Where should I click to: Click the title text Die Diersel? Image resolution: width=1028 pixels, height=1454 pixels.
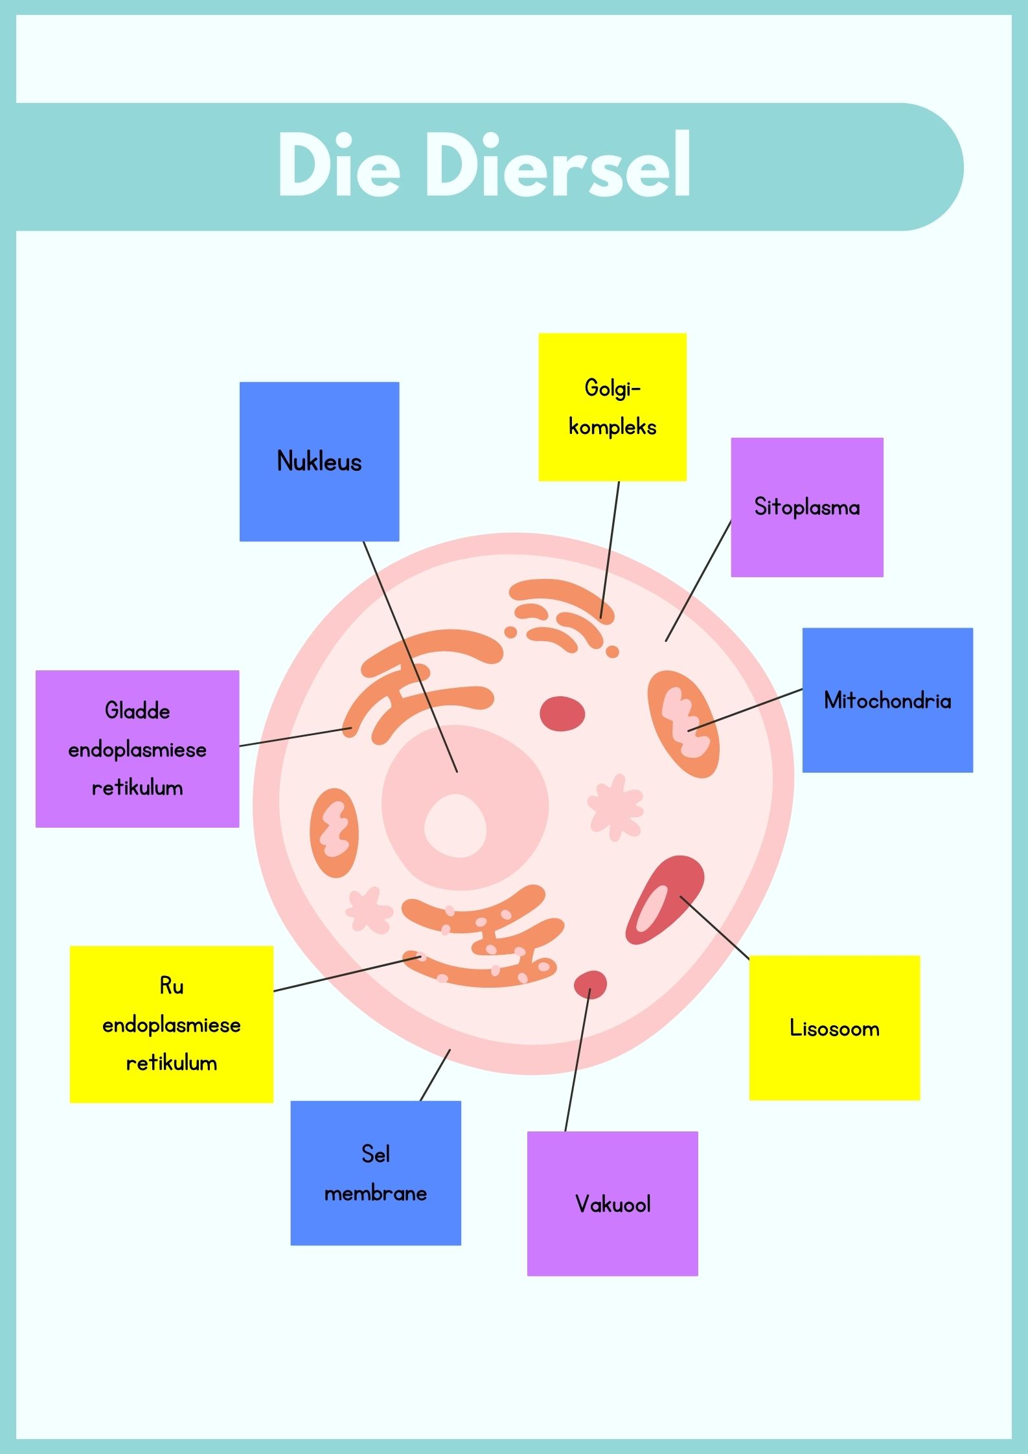click(485, 166)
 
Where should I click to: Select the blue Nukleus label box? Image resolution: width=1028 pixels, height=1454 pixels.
click(319, 461)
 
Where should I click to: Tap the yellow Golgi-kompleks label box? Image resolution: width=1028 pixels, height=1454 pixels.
click(612, 407)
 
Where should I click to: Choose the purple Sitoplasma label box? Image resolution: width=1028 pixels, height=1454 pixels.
click(807, 507)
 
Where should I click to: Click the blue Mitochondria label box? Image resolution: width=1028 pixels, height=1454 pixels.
click(887, 700)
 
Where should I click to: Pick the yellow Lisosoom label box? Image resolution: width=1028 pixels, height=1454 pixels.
click(834, 1028)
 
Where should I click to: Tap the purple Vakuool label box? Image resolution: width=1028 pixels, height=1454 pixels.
click(612, 1204)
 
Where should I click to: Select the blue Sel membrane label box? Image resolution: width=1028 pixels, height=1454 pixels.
click(376, 1173)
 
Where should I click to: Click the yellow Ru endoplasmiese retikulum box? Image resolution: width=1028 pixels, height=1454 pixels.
click(172, 1024)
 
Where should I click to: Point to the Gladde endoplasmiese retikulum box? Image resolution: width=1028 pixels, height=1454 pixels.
click(137, 749)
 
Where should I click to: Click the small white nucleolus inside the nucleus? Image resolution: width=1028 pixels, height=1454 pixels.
click(455, 826)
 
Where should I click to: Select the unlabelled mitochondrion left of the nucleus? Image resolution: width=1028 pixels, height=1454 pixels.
click(334, 833)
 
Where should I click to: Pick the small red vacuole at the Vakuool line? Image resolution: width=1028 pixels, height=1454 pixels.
click(590, 984)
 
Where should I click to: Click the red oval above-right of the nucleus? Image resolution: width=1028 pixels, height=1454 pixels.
click(562, 714)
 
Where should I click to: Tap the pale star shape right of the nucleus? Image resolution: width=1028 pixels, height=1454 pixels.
click(616, 807)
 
